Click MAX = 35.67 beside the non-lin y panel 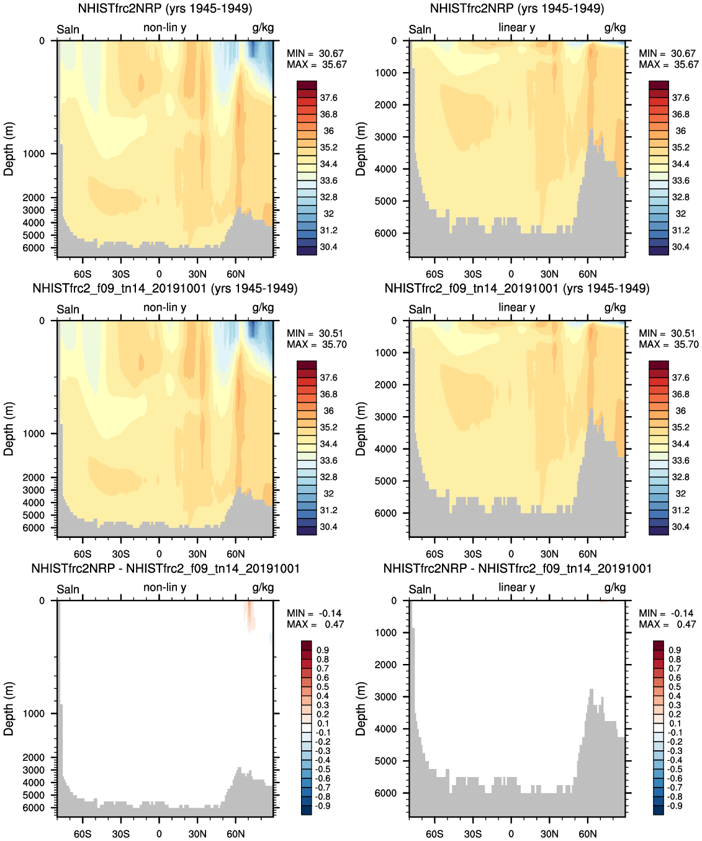coord(317,65)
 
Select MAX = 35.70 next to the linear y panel coord(668,345)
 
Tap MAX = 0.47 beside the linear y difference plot coord(668,624)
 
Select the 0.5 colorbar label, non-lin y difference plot coord(323,687)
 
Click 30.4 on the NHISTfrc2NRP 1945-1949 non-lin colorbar coord(328,247)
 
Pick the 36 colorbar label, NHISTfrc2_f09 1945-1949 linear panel coord(680,411)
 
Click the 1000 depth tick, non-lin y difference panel coord(34,714)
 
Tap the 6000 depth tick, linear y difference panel coord(386,793)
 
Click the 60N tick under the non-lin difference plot coord(235,834)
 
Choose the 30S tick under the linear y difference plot coord(472,834)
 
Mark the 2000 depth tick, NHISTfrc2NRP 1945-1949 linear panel coord(386,105)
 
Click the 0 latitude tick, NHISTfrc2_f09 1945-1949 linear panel coord(511,553)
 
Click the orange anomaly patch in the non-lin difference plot coord(250,615)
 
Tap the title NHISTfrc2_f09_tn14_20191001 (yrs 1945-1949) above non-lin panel coord(165,289)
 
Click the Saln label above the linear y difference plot coord(420,589)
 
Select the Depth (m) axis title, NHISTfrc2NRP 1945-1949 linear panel coord(361,148)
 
